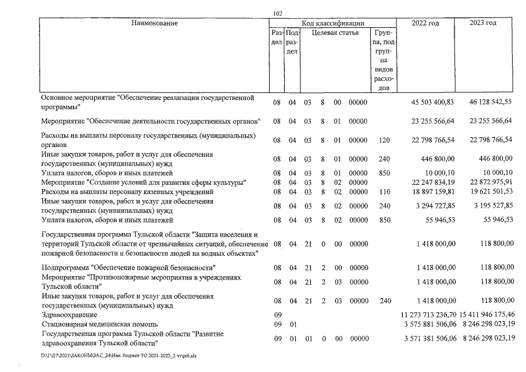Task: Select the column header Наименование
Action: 154,23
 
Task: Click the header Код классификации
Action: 333,23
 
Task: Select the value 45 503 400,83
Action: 433,102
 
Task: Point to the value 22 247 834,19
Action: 433,183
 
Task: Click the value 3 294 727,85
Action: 435,205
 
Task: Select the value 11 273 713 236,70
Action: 430,314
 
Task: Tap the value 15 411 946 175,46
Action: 486,314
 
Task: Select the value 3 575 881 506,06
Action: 430,324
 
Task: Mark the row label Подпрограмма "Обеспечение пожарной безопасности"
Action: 129,267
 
